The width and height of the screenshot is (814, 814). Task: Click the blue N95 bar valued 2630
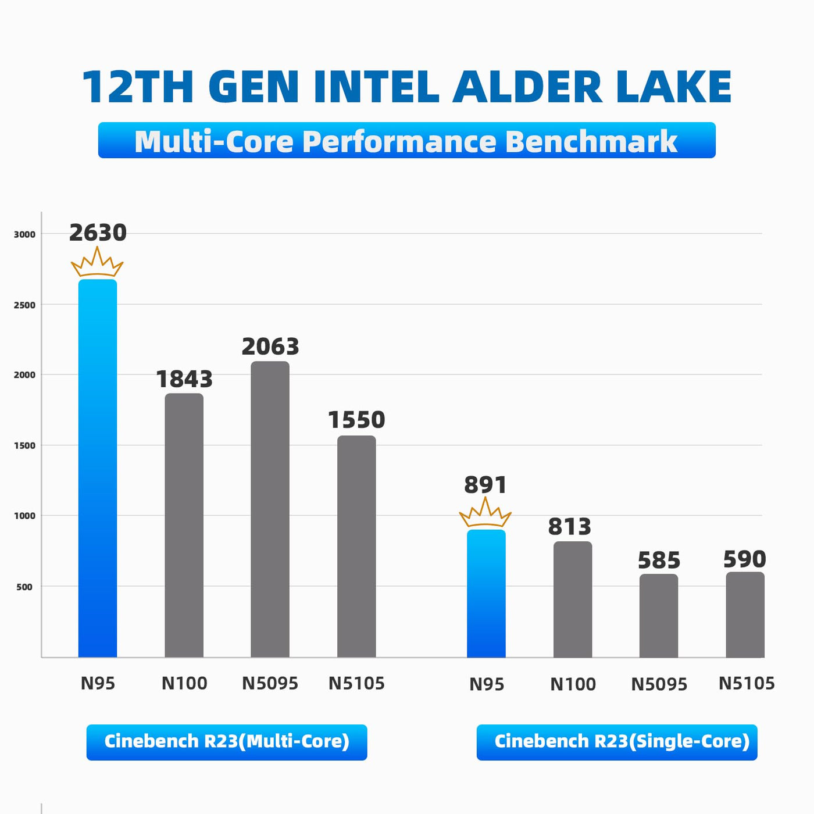(x=98, y=468)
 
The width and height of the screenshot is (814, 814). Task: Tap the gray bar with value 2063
(x=270, y=509)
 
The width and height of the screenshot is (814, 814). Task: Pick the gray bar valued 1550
(x=356, y=547)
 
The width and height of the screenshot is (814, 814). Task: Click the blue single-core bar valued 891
(x=486, y=593)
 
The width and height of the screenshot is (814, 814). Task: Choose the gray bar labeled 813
(x=573, y=599)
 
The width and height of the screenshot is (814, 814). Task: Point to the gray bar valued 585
(x=659, y=616)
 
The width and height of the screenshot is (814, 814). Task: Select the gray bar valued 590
(x=745, y=615)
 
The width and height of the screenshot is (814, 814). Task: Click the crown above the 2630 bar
(x=97, y=263)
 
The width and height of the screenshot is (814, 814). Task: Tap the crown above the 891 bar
(x=485, y=513)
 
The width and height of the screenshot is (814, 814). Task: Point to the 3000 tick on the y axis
(x=24, y=234)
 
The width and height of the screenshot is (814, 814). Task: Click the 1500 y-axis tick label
(x=24, y=445)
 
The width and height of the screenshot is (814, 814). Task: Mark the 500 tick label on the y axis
(x=24, y=587)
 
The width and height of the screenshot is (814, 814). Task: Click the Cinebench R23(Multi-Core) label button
(x=227, y=742)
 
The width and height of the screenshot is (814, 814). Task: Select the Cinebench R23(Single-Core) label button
(x=617, y=742)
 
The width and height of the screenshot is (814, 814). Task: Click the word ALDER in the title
(x=527, y=87)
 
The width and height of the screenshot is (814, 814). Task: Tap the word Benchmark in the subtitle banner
(x=591, y=141)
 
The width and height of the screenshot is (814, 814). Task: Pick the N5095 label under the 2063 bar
(x=270, y=683)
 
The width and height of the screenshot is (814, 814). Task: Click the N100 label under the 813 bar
(x=573, y=684)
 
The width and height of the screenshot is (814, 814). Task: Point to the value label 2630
(x=98, y=233)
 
